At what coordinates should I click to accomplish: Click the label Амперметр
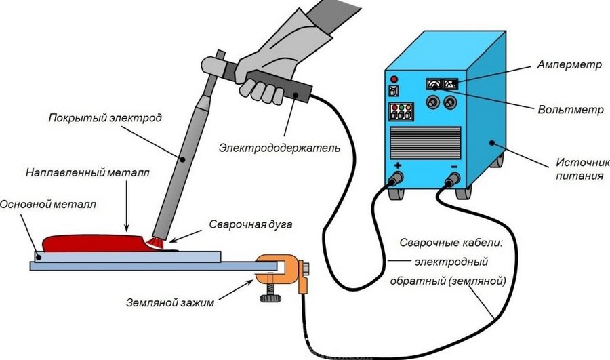[x=569, y=65]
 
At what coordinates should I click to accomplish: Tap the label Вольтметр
[x=570, y=110]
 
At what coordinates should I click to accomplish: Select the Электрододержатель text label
[x=279, y=148]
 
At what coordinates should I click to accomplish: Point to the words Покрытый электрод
[x=105, y=118]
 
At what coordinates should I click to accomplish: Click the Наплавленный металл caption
[x=87, y=172]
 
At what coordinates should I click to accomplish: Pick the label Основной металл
[x=48, y=204]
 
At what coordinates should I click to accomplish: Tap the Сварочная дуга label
[x=251, y=224]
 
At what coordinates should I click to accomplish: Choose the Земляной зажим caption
[x=170, y=303]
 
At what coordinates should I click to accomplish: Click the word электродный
[x=451, y=262]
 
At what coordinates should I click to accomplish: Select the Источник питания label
[x=582, y=169]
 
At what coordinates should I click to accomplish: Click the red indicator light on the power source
[x=394, y=79]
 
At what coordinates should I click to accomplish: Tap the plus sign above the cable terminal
[x=398, y=165]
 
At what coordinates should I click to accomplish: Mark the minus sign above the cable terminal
[x=453, y=167]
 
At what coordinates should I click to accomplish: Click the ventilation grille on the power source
[x=426, y=142]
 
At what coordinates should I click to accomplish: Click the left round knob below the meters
[x=432, y=102]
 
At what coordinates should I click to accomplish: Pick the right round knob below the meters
[x=450, y=102]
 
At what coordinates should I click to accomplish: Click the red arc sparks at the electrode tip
[x=157, y=243]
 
